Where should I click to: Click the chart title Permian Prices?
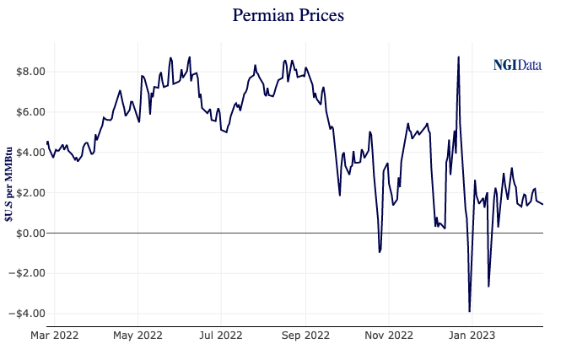(x=288, y=16)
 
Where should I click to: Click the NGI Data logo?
(x=517, y=65)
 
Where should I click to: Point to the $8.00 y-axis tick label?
(x=25, y=72)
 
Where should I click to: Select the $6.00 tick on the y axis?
(x=25, y=112)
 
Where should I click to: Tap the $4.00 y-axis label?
(x=25, y=153)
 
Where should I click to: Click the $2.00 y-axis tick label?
(x=25, y=192)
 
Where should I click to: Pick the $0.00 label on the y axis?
(x=25, y=233)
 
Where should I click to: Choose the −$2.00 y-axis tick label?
(x=23, y=273)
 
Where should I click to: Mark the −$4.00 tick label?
(x=23, y=314)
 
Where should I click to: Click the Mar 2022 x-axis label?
(x=54, y=336)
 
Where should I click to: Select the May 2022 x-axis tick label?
(x=138, y=336)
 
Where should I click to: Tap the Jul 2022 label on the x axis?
(x=221, y=336)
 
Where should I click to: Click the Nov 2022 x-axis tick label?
(x=389, y=336)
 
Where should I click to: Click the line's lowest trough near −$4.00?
(x=470, y=311)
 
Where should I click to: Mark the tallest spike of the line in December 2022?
(x=458, y=57)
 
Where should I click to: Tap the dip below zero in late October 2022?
(x=380, y=252)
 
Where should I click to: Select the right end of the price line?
(x=542, y=204)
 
